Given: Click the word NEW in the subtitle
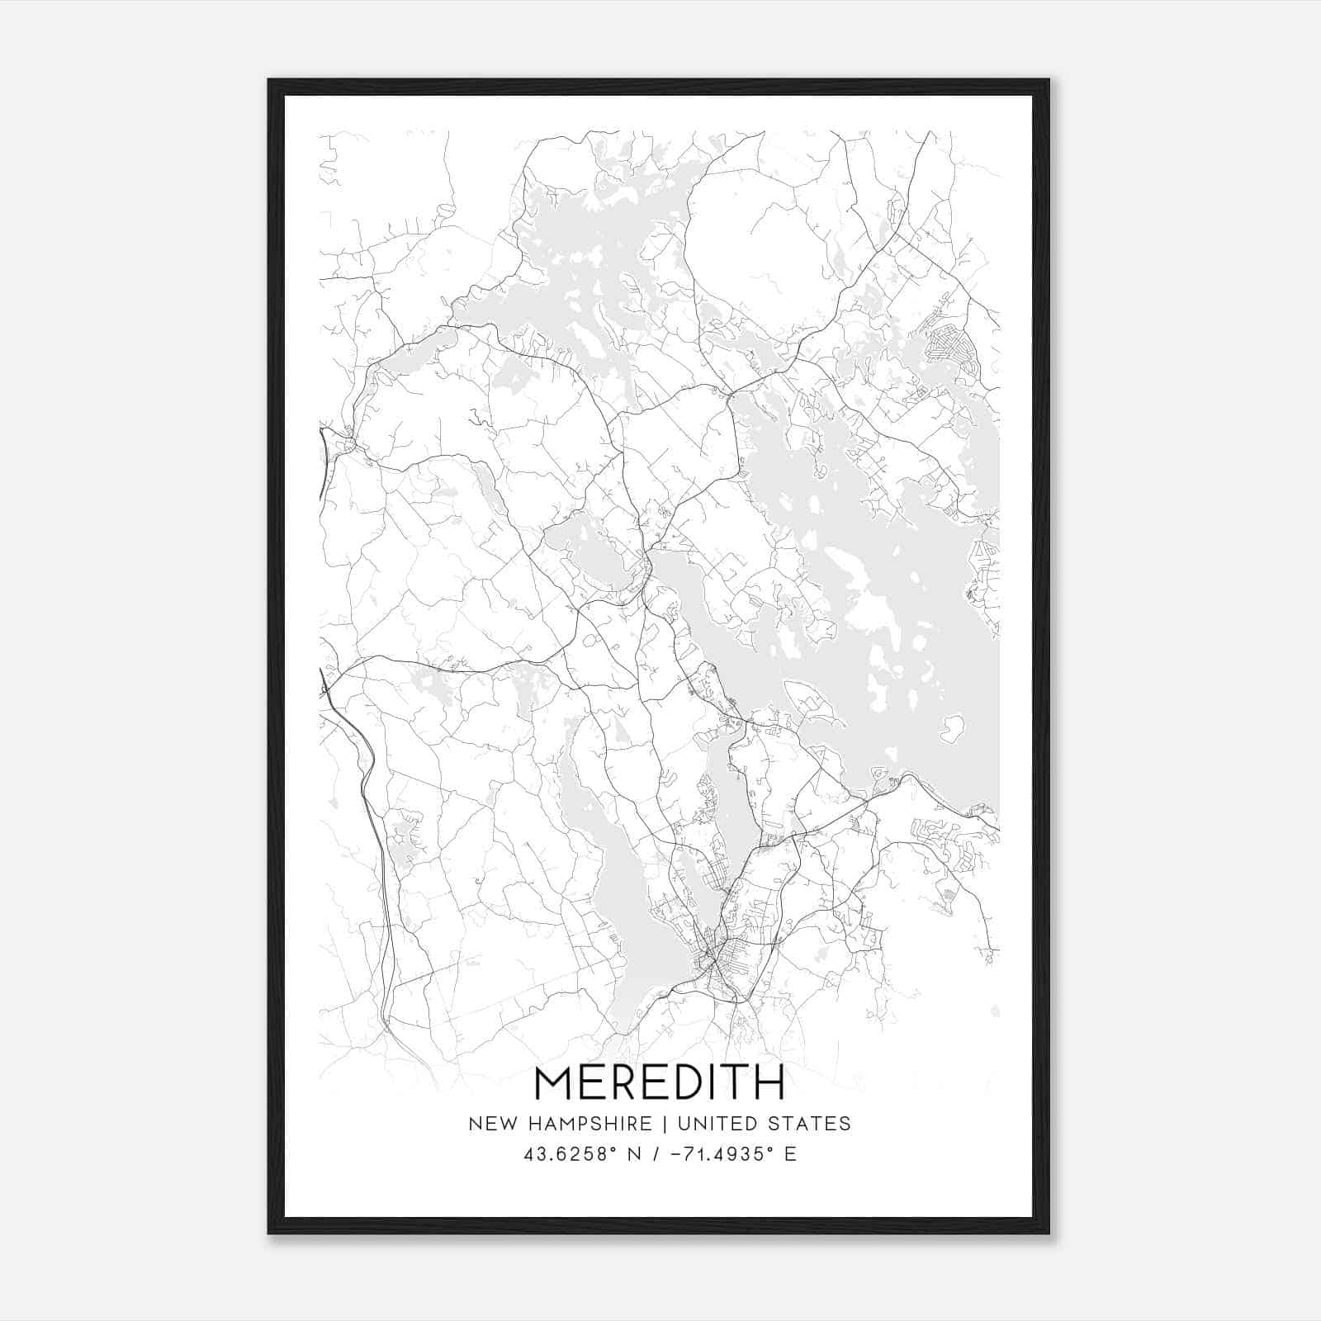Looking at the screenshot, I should (x=490, y=1124).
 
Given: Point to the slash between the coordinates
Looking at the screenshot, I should (x=656, y=1154).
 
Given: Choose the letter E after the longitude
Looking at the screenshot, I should (x=790, y=1154).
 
